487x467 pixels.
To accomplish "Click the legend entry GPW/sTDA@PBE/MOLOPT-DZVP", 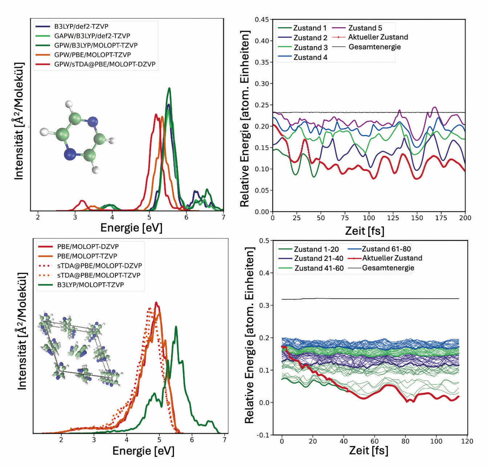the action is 96,64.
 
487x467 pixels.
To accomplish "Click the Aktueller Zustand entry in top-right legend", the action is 370,37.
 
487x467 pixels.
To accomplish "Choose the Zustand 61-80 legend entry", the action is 380,249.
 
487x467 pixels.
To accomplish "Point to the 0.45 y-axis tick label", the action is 262,20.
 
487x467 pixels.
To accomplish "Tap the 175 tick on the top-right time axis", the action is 441,218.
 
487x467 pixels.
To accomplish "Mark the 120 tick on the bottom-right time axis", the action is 467,441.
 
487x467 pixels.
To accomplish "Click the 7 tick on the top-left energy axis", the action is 223,217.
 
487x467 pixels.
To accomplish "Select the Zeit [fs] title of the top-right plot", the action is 365,231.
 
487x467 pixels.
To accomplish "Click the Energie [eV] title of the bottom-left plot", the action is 143,451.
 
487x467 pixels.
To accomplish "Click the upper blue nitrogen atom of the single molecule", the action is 93,122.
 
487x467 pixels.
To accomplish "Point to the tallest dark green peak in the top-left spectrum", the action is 169,88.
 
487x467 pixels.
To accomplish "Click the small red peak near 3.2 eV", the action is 82,201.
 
